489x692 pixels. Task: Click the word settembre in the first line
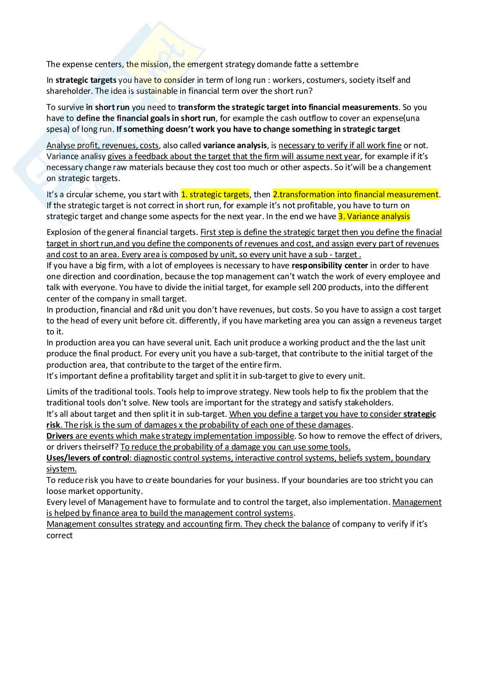pyautogui.click(x=339, y=64)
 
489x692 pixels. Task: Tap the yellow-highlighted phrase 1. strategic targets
pyautogui.click(x=215, y=194)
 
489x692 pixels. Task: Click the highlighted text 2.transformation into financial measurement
pyautogui.click(x=355, y=194)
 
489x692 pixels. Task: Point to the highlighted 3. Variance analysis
pyautogui.click(x=374, y=216)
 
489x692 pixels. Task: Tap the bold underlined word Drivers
pyautogui.click(x=60, y=436)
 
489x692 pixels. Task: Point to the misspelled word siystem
pyautogui.click(x=61, y=469)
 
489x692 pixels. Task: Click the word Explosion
pyautogui.click(x=64, y=232)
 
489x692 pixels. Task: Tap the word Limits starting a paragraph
pyautogui.click(x=57, y=392)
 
